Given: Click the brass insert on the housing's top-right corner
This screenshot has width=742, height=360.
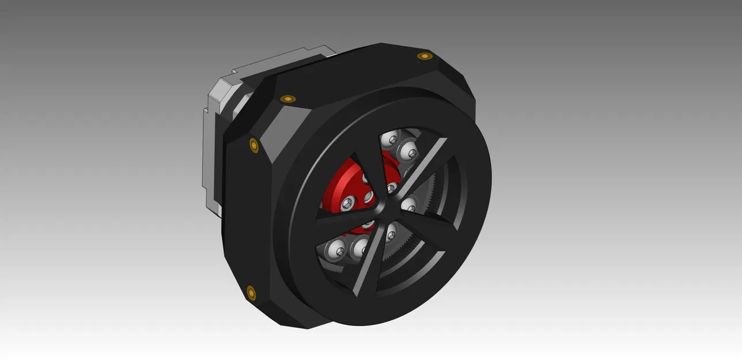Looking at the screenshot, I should point(425,56).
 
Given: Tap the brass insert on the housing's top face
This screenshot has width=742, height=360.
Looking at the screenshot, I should point(288,98).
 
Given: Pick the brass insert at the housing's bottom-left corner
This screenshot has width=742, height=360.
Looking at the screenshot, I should point(251,293).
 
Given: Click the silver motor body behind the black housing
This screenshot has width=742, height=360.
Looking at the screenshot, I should point(211,150).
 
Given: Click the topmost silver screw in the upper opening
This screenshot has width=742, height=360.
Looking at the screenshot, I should point(392,138).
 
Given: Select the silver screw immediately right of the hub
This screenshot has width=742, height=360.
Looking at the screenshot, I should point(408,203).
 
